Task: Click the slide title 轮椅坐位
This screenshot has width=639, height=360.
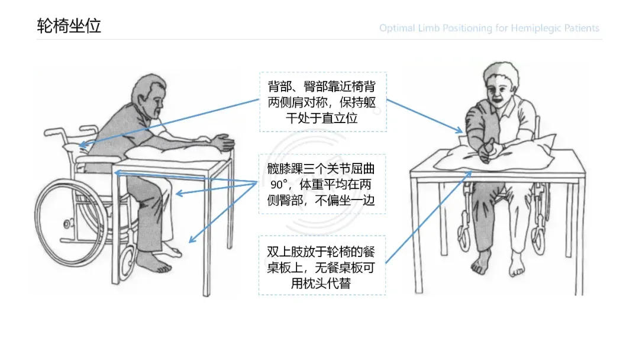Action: click(x=69, y=25)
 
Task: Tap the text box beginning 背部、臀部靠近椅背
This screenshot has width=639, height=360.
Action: click(x=323, y=102)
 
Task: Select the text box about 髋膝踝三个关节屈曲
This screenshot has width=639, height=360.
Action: click(x=322, y=184)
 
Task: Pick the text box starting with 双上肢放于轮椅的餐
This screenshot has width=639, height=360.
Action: click(x=322, y=265)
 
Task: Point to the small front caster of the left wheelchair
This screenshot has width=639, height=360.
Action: click(x=128, y=259)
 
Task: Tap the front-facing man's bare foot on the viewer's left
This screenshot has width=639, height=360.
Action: click(x=482, y=262)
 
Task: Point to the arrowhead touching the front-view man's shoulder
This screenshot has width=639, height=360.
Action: click(x=459, y=130)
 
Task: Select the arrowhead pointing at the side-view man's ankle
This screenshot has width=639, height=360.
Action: click(x=192, y=239)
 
